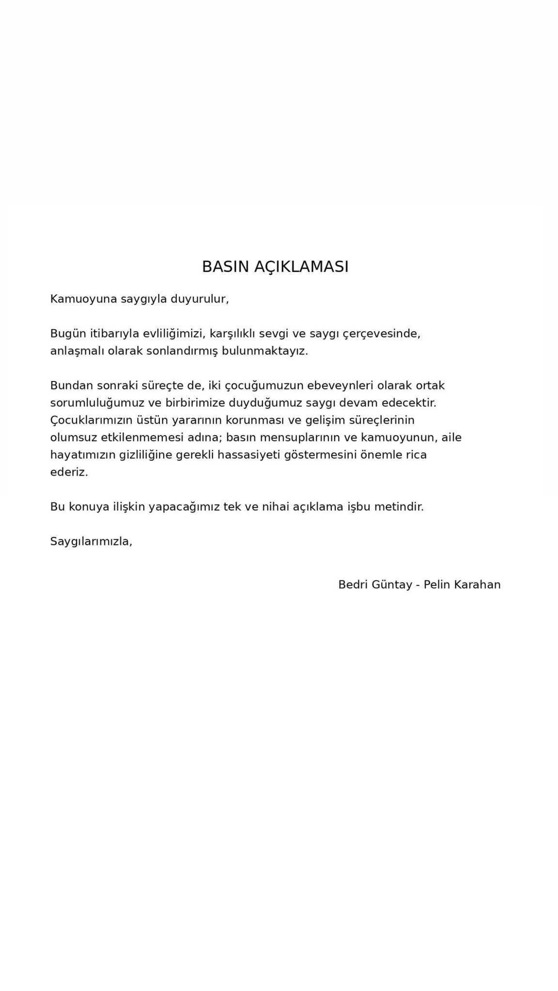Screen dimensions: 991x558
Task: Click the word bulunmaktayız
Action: (x=265, y=351)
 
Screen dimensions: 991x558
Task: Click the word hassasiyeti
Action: (x=248, y=455)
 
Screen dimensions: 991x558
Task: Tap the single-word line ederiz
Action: (x=69, y=472)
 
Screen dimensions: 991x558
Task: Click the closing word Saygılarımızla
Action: (x=91, y=541)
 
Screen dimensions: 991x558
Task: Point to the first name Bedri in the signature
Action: (x=353, y=585)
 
